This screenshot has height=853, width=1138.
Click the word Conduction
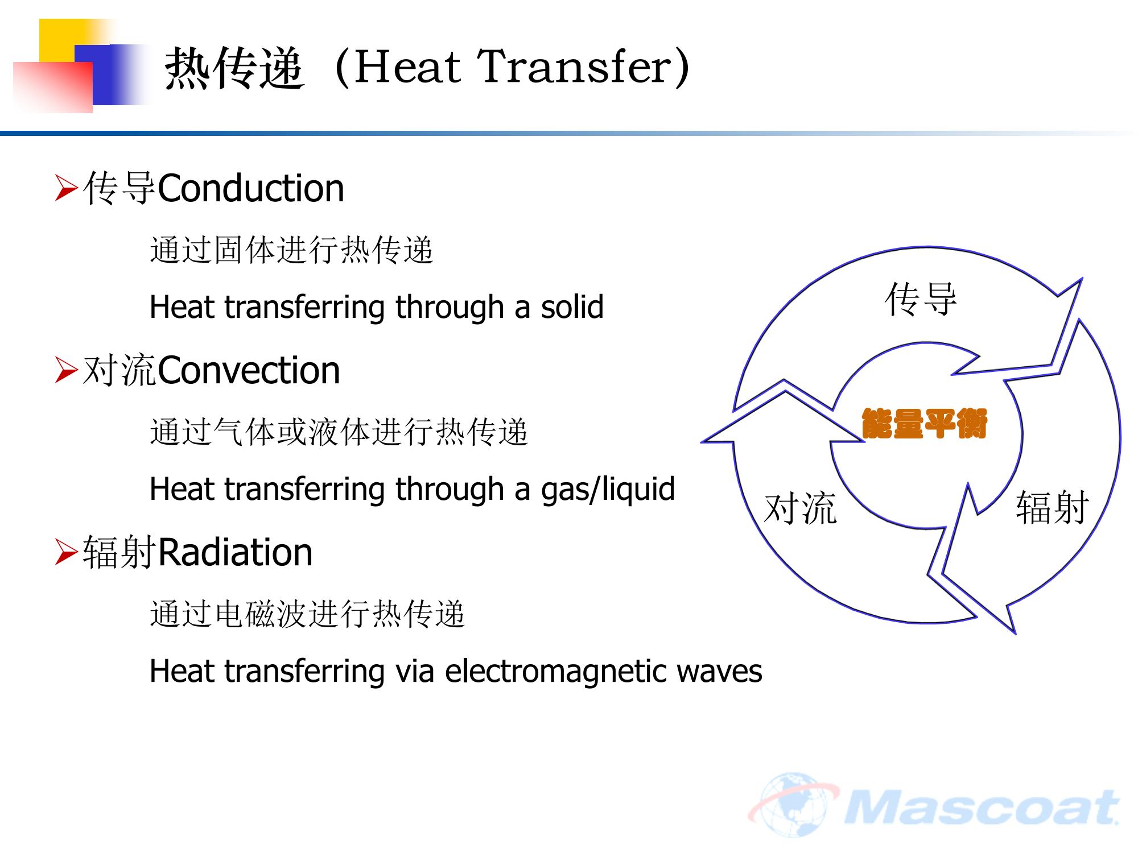pos(251,188)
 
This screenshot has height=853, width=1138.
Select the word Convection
pos(249,370)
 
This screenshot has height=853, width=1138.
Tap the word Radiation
pos(236,552)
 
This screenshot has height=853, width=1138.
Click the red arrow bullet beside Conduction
pos(66,189)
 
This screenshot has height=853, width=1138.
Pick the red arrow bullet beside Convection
pos(66,371)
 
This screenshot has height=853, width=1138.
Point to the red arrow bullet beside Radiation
pos(66,553)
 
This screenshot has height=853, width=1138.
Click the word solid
pos(572,307)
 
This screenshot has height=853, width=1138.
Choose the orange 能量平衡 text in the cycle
pos(924,424)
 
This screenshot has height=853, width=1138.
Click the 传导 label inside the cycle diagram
pos(921,299)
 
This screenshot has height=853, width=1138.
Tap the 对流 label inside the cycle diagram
pos(800,508)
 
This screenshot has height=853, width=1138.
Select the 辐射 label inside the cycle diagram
pos(1053,507)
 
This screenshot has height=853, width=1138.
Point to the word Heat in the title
pos(407,67)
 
